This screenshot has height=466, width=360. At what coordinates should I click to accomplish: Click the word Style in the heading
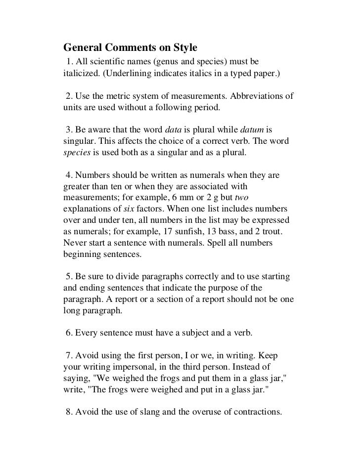(184, 48)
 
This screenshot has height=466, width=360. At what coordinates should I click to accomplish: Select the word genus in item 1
(166, 63)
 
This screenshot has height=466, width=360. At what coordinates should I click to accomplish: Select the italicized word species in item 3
(77, 153)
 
